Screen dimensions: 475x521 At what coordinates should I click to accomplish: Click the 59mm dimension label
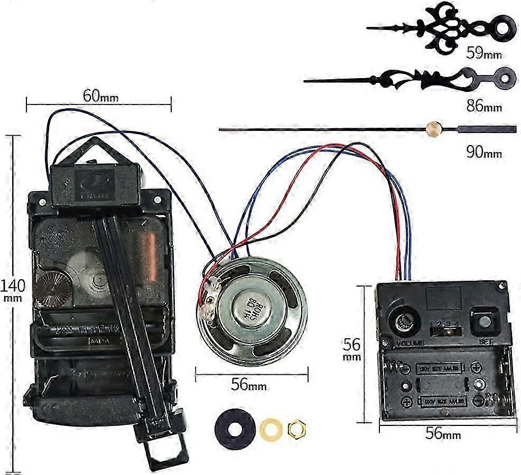[x=483, y=53]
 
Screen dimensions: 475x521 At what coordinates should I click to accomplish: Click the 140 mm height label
[x=12, y=290]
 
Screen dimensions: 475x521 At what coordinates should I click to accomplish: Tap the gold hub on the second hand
[x=433, y=128]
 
